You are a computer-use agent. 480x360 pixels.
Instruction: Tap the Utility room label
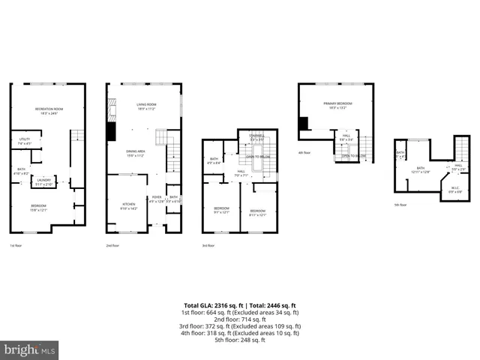click(x=25, y=141)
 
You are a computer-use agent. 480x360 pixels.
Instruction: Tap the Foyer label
click(x=155, y=199)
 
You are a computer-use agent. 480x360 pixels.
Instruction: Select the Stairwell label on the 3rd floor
click(x=257, y=137)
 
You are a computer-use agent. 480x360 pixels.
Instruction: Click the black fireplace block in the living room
click(x=111, y=131)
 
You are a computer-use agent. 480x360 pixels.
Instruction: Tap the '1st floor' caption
click(x=16, y=245)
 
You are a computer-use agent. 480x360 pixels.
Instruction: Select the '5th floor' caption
click(x=401, y=204)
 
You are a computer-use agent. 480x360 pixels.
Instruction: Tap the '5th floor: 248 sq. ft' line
click(x=241, y=340)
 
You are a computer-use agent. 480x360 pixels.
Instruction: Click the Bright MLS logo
click(x=30, y=349)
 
